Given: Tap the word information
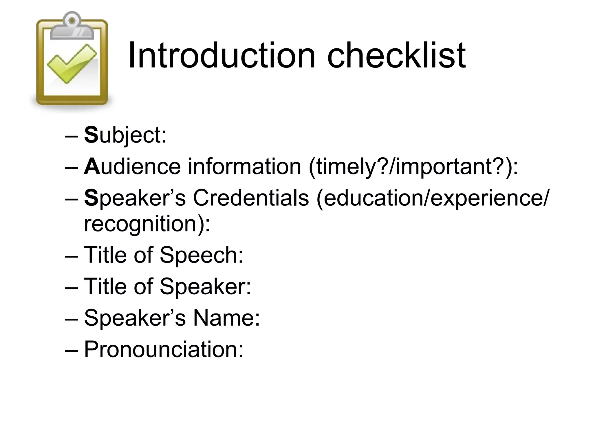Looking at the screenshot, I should (x=245, y=167).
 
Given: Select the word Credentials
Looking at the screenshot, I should (x=251, y=198).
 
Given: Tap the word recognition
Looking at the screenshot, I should (x=144, y=224).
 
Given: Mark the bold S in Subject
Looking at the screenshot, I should (x=91, y=135).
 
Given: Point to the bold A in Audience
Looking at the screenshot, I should (x=92, y=167).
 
